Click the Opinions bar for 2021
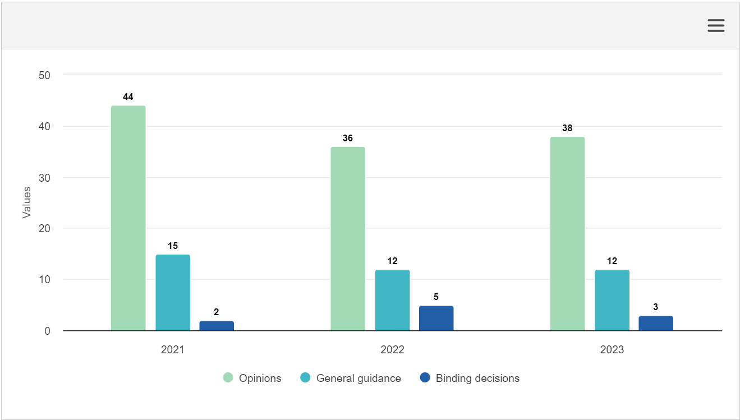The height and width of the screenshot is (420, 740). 128,218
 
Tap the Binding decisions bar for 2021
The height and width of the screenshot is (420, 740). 217,326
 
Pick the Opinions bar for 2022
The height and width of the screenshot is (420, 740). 348,239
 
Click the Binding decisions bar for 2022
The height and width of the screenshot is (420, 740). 436,319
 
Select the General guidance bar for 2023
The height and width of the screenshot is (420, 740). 612,300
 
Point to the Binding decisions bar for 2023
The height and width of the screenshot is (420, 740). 656,324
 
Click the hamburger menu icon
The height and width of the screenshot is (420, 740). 716,25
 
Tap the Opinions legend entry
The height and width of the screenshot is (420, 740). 252,378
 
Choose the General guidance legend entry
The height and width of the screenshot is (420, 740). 351,378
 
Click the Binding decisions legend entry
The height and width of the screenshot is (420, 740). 470,378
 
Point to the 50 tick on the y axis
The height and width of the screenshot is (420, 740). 44,75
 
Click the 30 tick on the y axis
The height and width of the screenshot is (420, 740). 44,178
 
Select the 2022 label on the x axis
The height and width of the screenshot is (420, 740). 392,349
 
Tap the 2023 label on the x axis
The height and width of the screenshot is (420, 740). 612,349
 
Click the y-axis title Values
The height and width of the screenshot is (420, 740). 26,202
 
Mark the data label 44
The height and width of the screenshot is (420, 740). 128,97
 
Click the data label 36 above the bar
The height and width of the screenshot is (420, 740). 348,138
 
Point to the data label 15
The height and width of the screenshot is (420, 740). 173,246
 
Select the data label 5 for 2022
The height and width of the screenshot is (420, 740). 436,297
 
